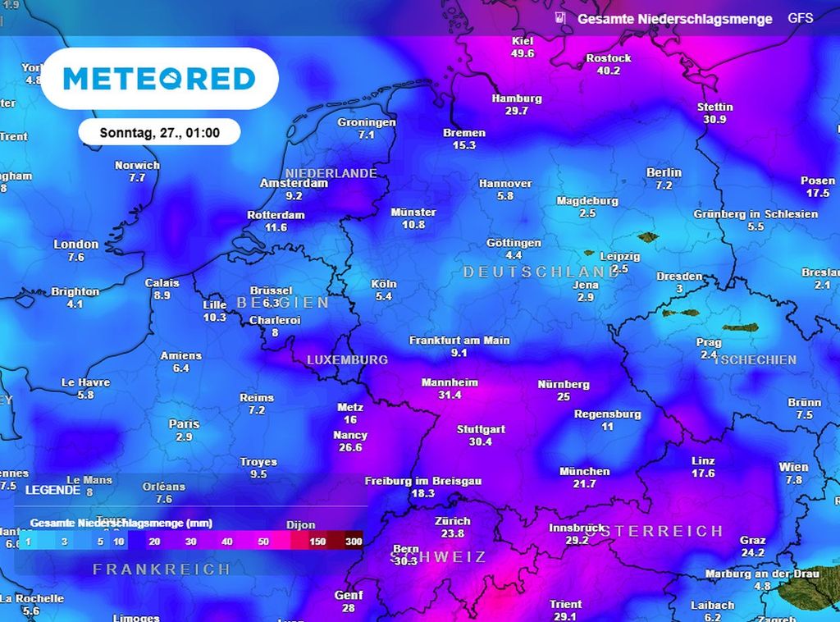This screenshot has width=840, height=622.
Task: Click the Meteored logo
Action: click(x=159, y=79)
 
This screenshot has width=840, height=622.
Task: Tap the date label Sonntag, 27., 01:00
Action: click(x=159, y=132)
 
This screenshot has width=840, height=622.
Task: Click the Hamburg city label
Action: click(x=517, y=98)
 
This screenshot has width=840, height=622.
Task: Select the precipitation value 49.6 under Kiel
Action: click(x=523, y=53)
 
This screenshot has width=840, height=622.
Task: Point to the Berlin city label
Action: click(x=664, y=172)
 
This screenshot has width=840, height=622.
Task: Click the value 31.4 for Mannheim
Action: click(x=450, y=395)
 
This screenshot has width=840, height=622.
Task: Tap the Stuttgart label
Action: click(x=481, y=429)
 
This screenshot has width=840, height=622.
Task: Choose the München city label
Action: click(x=584, y=471)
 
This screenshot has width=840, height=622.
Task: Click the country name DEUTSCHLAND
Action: click(x=541, y=272)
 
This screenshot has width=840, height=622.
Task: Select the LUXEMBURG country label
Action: click(x=347, y=359)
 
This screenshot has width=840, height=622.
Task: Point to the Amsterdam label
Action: click(x=294, y=183)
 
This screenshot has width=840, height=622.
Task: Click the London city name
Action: click(x=75, y=244)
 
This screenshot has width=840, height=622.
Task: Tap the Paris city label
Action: click(x=184, y=424)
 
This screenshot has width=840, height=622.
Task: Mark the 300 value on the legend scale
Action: click(x=354, y=542)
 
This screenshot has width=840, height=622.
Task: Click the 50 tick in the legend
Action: click(x=262, y=542)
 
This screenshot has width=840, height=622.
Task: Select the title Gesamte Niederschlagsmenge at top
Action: click(x=674, y=19)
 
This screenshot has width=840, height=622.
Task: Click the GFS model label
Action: click(x=801, y=18)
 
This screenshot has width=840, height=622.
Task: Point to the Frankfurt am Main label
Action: click(x=459, y=340)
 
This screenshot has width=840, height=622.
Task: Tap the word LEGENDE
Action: click(x=53, y=490)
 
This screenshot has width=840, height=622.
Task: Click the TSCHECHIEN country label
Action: click(x=755, y=359)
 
